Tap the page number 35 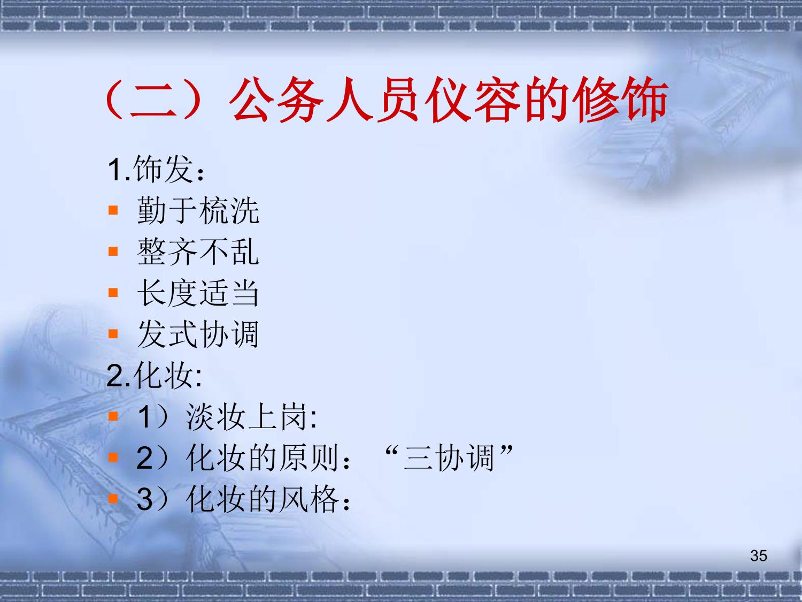point(759,555)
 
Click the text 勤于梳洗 point(198,210)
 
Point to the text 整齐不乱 point(198,252)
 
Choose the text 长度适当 point(198,293)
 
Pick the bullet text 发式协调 point(198,334)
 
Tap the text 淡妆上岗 point(246,417)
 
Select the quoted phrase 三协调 point(449,458)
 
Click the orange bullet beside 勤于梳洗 point(113,210)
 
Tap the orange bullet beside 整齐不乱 point(113,252)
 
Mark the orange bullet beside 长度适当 point(113,293)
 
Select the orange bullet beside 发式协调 point(113,334)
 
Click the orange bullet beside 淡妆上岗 point(113,417)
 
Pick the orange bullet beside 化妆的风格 point(113,499)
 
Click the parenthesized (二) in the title point(153,100)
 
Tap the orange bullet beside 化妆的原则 point(113,458)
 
